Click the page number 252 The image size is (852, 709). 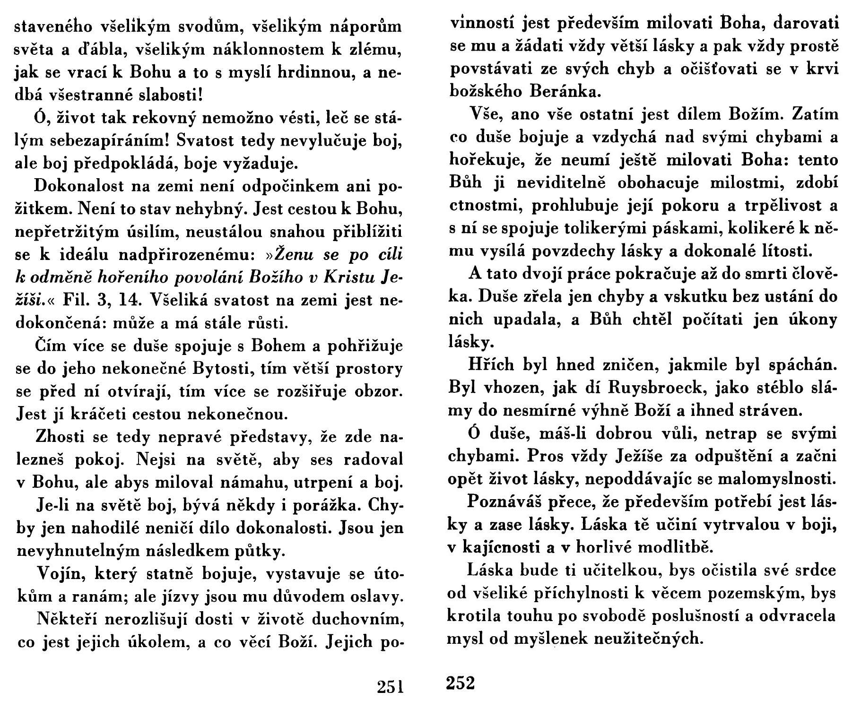click(x=460, y=683)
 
